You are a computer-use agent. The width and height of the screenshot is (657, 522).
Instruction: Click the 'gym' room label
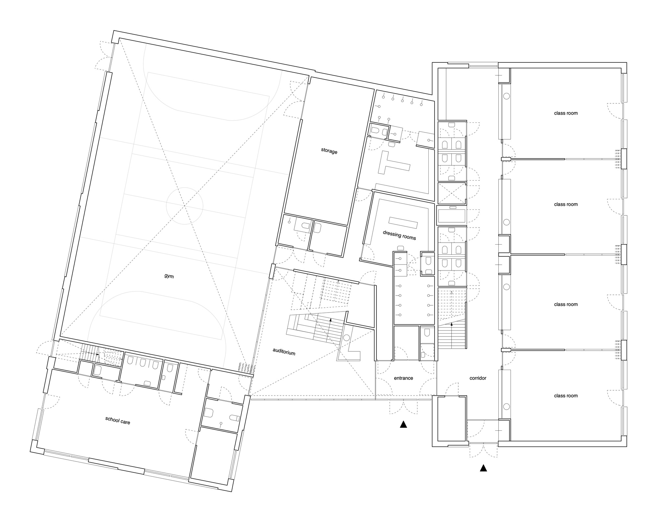point(169,276)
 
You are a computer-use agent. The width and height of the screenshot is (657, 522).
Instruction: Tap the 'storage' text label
point(329,151)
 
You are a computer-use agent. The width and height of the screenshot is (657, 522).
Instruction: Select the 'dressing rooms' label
point(399,235)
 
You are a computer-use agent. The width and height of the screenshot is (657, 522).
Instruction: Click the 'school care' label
point(118,420)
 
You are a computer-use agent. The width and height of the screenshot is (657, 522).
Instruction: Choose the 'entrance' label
point(403,378)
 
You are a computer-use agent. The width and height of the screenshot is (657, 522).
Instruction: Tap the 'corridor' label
point(478,378)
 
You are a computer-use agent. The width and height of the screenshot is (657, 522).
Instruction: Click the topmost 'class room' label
point(566,113)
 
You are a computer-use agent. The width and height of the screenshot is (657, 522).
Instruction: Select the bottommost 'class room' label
point(566,396)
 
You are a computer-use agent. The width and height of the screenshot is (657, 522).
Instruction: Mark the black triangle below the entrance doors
point(403,424)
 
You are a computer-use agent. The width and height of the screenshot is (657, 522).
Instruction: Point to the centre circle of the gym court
point(184,206)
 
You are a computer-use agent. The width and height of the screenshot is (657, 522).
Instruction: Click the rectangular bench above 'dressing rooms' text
point(403,223)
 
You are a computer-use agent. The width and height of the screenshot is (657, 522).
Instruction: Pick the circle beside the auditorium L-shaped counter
point(346,337)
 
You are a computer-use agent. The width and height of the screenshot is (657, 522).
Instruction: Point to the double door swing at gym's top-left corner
point(104,56)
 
